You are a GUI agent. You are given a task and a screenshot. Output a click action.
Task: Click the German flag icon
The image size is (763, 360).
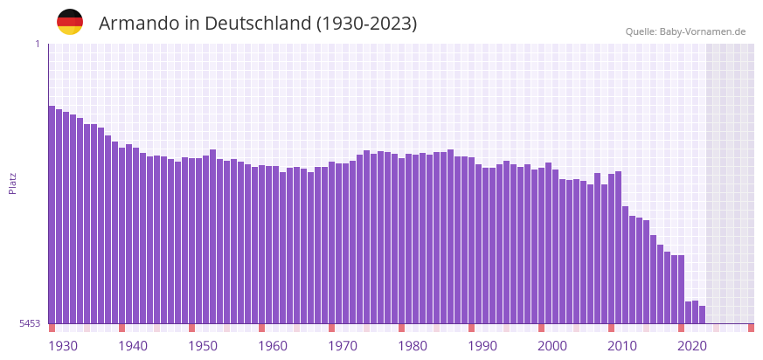tap(70, 22)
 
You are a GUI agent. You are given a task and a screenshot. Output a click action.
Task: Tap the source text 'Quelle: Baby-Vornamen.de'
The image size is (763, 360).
tap(685, 31)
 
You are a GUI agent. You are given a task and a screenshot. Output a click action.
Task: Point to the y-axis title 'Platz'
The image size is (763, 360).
tap(13, 183)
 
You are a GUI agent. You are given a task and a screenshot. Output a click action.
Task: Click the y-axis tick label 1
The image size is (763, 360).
tap(37, 44)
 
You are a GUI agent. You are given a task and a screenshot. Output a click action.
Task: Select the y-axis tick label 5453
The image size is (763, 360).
tap(30, 323)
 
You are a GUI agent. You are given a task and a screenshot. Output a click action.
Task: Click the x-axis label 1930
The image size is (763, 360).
tap(63, 346)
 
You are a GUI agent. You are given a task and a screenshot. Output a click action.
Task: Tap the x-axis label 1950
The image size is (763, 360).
tap(203, 346)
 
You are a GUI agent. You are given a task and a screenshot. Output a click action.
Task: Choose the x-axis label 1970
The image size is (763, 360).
tap(343, 346)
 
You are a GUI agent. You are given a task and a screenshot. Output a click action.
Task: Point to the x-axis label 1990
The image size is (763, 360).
tap(482, 346)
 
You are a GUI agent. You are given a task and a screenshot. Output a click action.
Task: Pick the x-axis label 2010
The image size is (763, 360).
tap(622, 346)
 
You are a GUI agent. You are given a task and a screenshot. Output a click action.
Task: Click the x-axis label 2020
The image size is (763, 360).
tap(692, 346)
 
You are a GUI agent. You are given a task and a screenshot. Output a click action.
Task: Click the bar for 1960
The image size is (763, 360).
tap(261, 245)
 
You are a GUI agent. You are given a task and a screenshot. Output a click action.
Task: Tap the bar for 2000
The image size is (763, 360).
tap(541, 245)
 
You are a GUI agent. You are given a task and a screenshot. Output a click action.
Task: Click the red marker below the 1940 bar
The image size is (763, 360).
tap(121, 328)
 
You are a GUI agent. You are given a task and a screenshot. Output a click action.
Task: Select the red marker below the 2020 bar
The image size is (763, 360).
tap(681, 328)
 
